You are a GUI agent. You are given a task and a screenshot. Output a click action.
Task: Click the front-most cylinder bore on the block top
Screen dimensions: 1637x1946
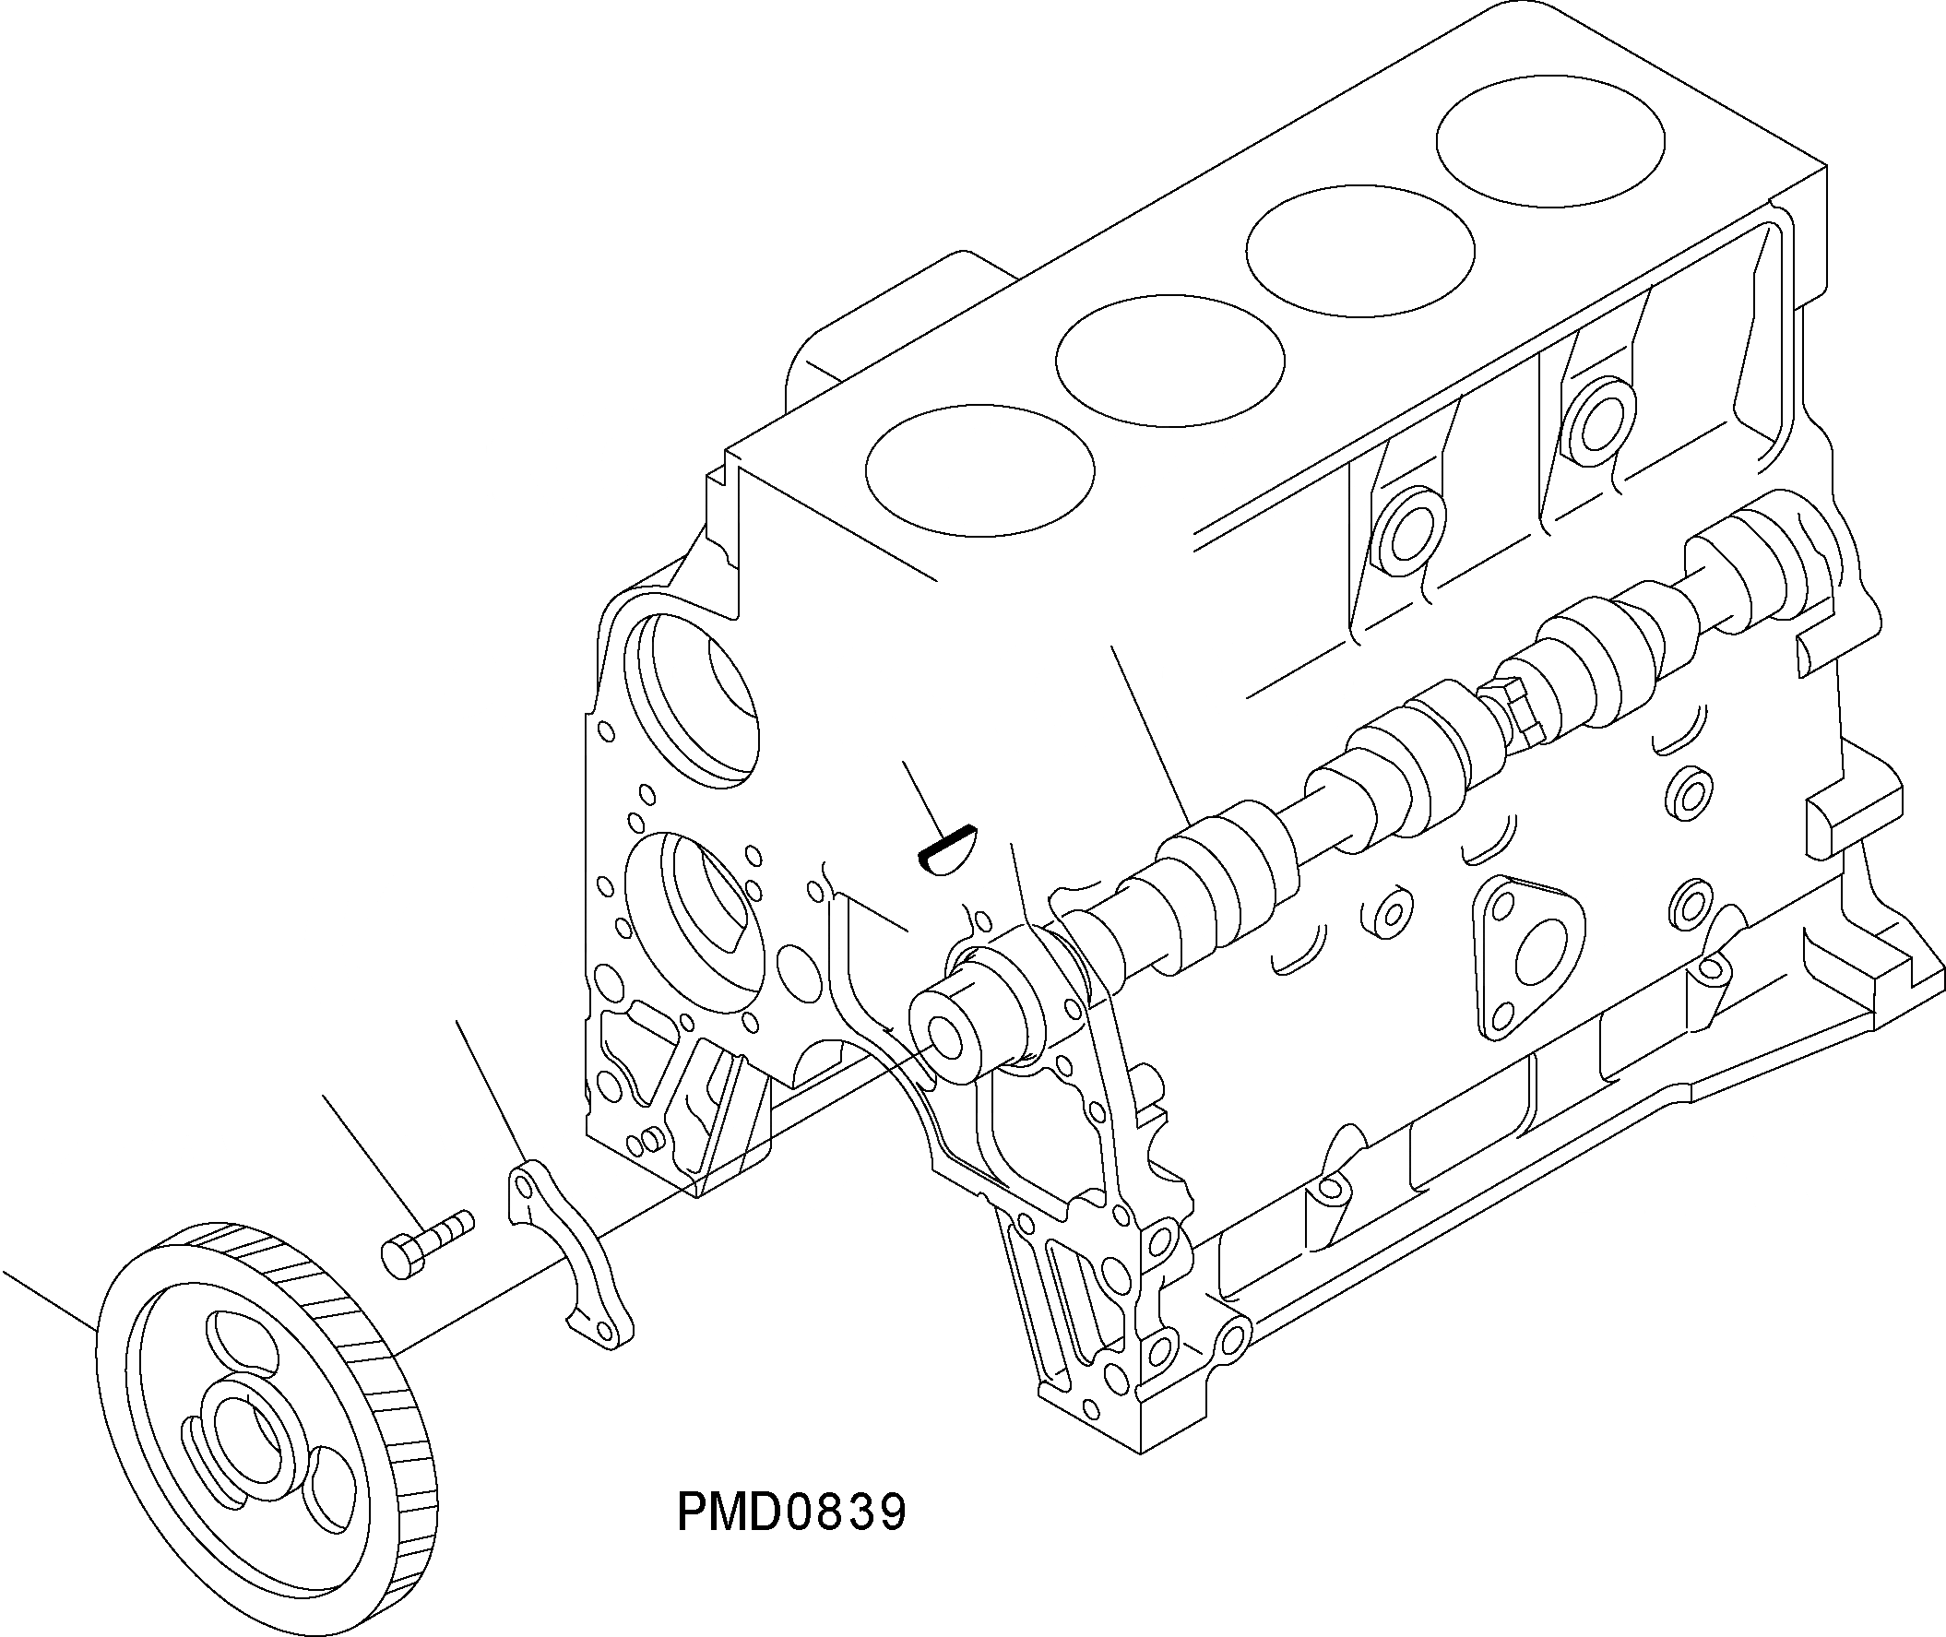[x=979, y=470]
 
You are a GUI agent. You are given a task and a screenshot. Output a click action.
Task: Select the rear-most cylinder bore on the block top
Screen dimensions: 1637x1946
[x=1548, y=140]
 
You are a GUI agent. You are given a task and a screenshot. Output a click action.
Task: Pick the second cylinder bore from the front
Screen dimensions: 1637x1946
[x=1170, y=361]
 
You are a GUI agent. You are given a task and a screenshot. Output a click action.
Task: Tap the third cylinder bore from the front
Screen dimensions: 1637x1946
[x=1359, y=252]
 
